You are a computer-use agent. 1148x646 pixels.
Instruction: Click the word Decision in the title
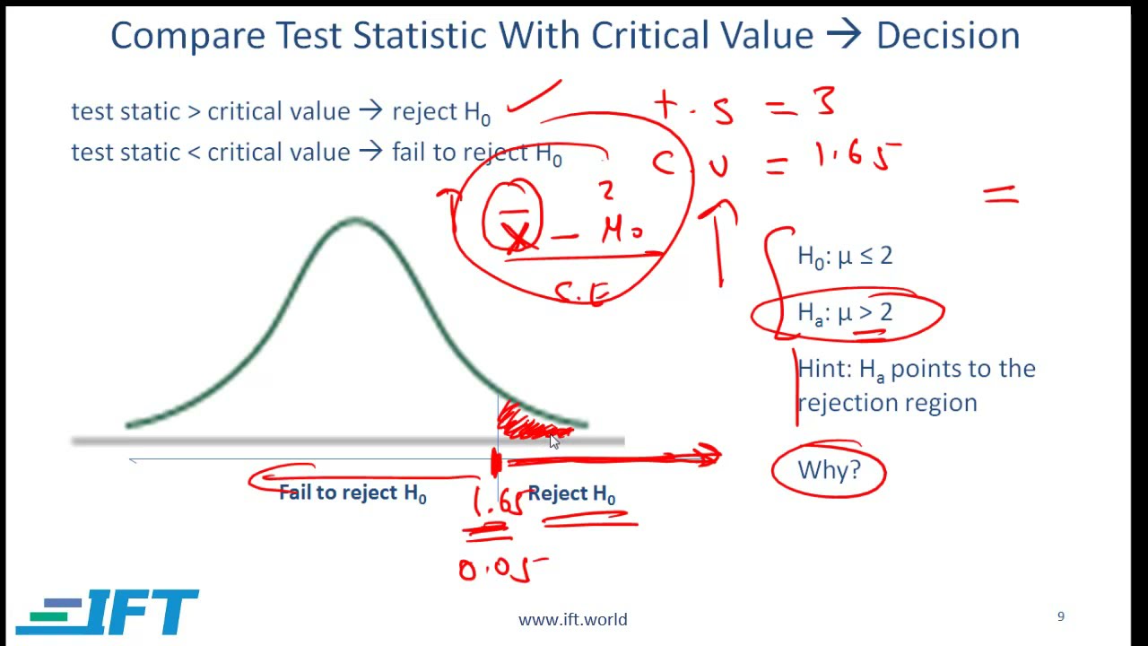tap(948, 36)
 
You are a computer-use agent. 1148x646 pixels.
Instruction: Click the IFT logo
tap(108, 612)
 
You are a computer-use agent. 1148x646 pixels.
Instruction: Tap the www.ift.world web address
tap(572, 619)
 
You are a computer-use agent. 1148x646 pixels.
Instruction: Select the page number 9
tap(1061, 616)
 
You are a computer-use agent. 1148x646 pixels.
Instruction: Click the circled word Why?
tap(829, 469)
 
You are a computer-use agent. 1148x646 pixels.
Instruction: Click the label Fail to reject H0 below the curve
tap(352, 493)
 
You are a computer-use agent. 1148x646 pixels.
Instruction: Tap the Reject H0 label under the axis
tap(571, 494)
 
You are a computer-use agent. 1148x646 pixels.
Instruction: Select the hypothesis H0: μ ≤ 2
tap(845, 257)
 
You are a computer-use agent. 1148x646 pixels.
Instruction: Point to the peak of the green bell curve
tap(355, 220)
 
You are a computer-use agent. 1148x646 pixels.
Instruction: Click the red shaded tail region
tap(529, 423)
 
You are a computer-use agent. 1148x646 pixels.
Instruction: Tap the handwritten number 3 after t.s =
tap(824, 101)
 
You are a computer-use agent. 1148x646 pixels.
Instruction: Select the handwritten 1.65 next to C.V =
tap(857, 158)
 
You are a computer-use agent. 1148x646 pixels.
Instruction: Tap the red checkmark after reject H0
tap(535, 97)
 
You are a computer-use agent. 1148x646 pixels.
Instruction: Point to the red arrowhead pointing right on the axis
tap(709, 457)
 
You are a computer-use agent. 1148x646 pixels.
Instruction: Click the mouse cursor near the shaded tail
tap(554, 441)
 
